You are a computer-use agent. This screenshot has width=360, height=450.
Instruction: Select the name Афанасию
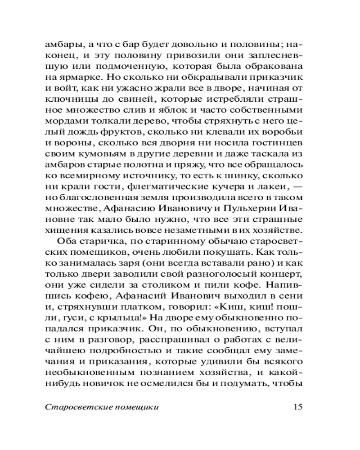point(129,210)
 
